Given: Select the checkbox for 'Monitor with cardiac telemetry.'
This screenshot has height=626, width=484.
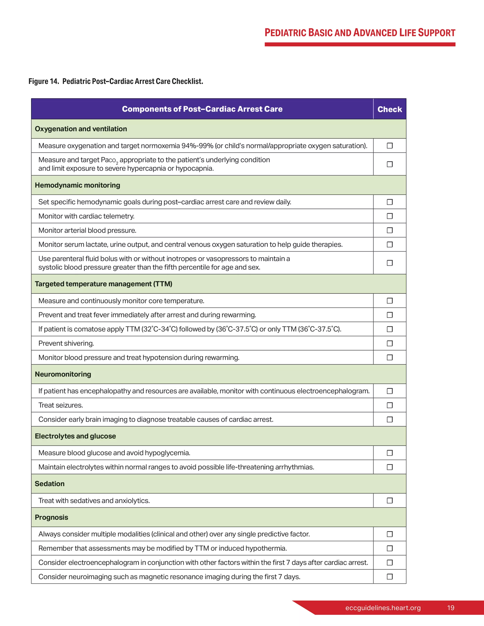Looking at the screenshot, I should click(x=389, y=216).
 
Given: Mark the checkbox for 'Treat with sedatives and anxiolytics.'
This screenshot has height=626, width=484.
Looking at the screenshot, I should click(x=389, y=501).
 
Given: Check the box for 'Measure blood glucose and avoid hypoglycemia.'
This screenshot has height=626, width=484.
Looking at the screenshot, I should click(x=389, y=453).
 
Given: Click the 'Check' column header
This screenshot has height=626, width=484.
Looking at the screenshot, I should click(x=389, y=109).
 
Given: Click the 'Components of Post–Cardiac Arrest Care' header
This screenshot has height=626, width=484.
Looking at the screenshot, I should click(x=202, y=109).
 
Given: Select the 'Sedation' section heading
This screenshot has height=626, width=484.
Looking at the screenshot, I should click(x=50, y=484).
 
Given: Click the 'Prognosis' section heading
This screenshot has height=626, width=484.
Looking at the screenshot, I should click(x=51, y=517).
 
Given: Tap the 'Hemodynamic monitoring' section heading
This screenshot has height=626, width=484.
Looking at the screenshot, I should click(x=78, y=185).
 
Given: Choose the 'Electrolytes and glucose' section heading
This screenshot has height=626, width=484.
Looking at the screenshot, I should click(x=75, y=436).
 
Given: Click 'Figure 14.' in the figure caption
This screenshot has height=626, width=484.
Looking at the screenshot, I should click(x=43, y=81).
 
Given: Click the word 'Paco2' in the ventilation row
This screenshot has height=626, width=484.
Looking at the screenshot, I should click(x=109, y=160).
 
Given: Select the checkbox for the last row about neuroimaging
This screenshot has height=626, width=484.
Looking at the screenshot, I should click(x=389, y=576).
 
